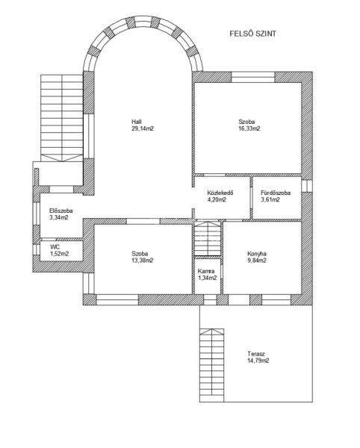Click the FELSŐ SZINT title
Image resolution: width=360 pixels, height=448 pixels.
(253, 34)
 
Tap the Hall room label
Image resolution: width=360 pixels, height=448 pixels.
(137, 122)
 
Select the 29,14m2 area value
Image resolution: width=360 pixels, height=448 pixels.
(143, 128)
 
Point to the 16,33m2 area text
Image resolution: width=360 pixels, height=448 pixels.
(249, 128)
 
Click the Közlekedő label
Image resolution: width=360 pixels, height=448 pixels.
(220, 193)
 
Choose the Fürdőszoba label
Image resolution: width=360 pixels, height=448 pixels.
(276, 193)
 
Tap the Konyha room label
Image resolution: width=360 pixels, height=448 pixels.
(257, 254)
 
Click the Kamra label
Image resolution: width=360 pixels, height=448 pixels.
(206, 272)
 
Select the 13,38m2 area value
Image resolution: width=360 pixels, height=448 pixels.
(143, 261)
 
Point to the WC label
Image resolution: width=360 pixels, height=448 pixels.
(55, 247)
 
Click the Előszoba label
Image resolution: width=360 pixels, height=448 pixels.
(60, 211)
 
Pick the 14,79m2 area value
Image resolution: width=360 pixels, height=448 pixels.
(258, 361)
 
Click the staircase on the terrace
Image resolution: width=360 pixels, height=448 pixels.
(211, 365)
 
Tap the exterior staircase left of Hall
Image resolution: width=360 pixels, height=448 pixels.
(62, 118)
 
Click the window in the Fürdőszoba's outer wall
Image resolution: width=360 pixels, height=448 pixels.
(307, 186)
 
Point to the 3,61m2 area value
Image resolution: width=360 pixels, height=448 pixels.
(270, 199)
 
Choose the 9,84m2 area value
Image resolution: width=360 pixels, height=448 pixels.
(257, 261)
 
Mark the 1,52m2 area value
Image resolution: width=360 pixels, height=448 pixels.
(60, 254)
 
